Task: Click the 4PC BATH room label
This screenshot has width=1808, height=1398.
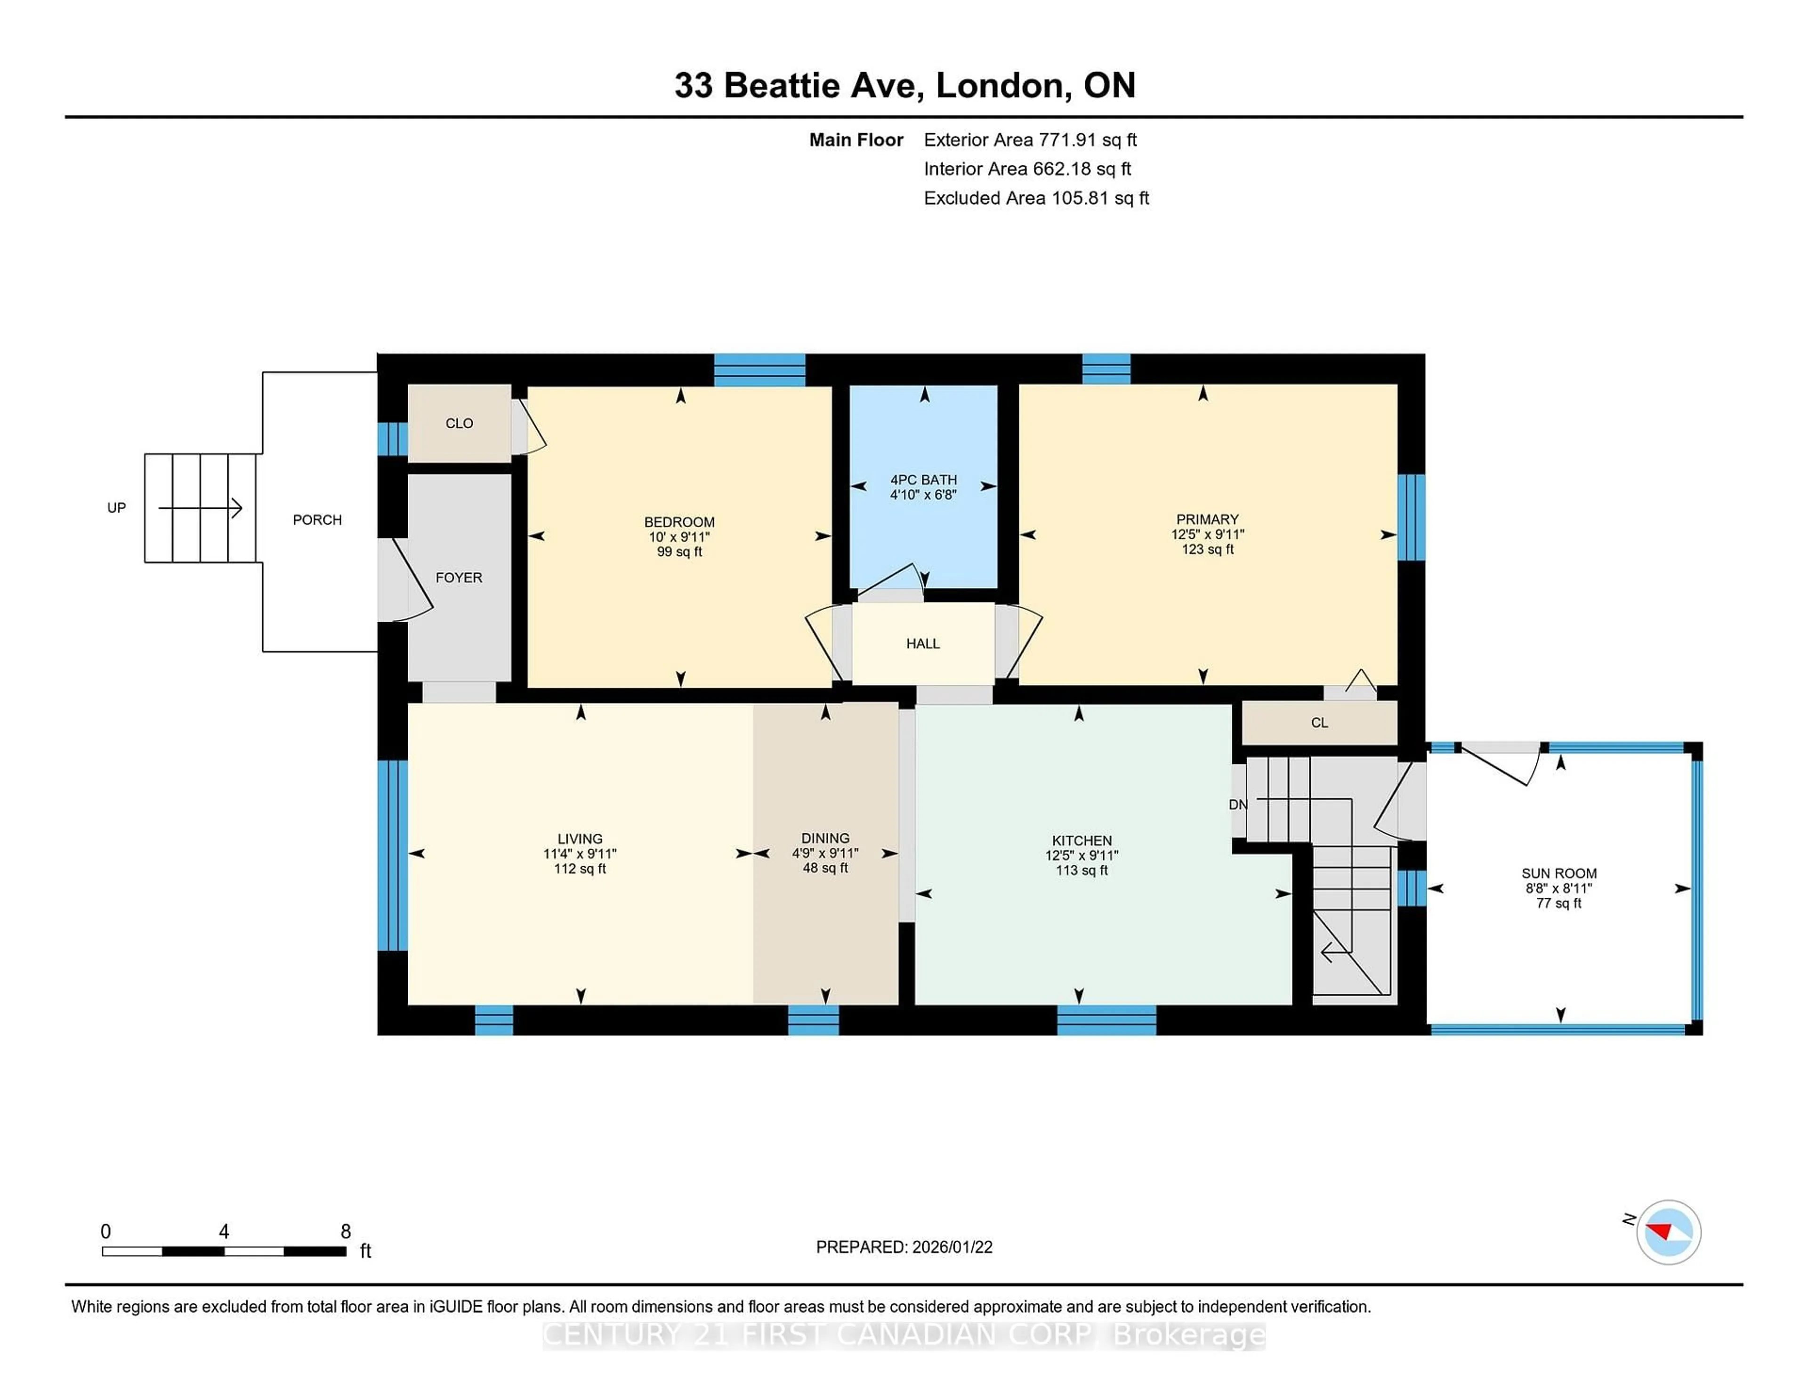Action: pyautogui.click(x=923, y=480)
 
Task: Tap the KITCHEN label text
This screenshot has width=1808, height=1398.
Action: pyautogui.click(x=1081, y=840)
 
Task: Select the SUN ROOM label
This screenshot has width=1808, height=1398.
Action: pyautogui.click(x=1558, y=873)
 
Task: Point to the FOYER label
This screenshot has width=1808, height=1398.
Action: pyautogui.click(x=459, y=577)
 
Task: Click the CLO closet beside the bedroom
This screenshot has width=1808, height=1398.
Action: pyautogui.click(x=460, y=423)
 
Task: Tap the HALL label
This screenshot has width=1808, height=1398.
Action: pyautogui.click(x=922, y=643)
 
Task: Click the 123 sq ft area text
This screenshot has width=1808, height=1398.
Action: pyautogui.click(x=1207, y=549)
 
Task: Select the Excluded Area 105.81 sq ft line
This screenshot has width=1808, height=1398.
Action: pyautogui.click(x=1036, y=198)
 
